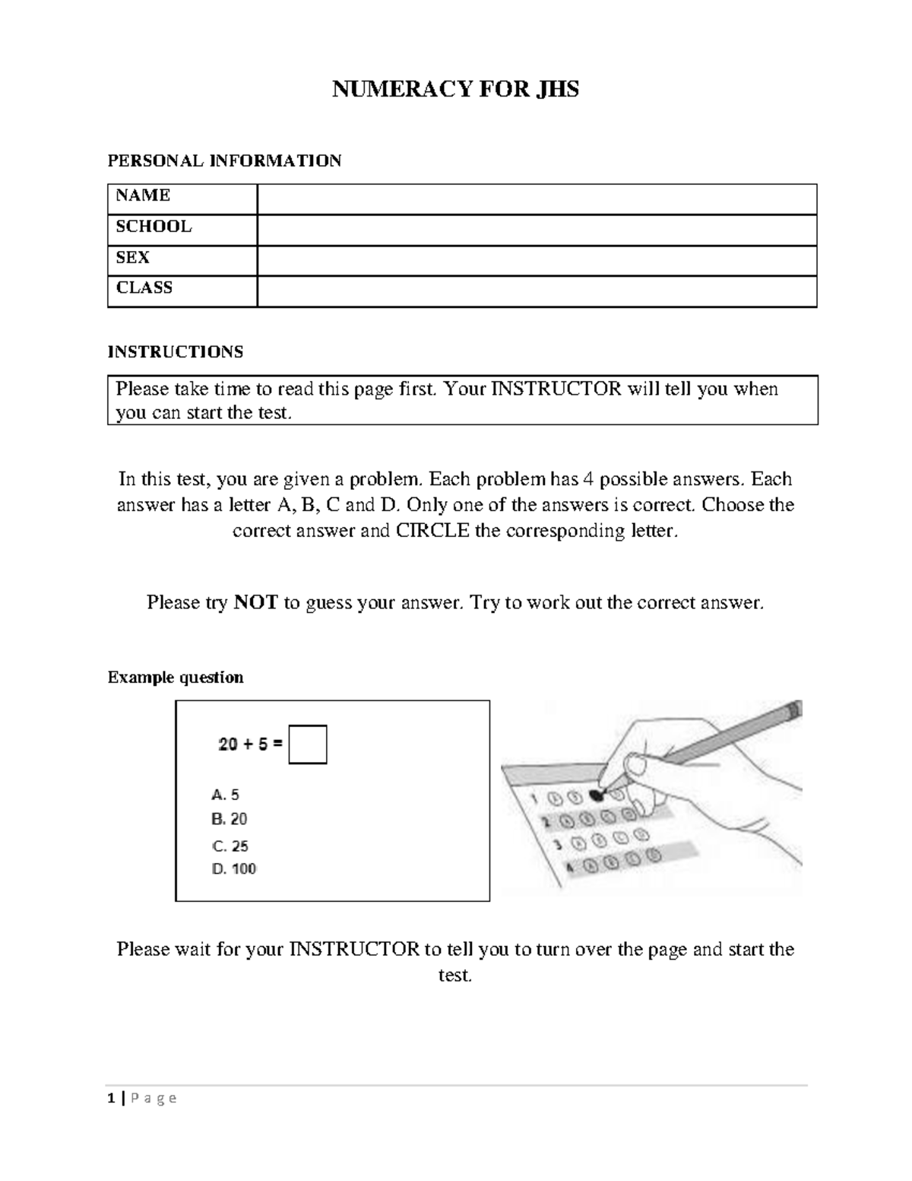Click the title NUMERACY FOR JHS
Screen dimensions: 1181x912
click(x=455, y=90)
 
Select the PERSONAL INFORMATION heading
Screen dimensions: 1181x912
click(x=224, y=160)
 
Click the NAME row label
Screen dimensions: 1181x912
click(x=143, y=195)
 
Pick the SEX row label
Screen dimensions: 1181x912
click(x=132, y=258)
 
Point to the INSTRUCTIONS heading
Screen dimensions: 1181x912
click(x=176, y=351)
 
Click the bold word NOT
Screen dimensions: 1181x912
click(x=255, y=603)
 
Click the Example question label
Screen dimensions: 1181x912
click(x=176, y=678)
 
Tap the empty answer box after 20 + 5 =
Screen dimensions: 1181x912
click(x=308, y=744)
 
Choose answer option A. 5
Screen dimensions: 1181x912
click(x=225, y=795)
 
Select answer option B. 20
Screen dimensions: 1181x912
click(x=229, y=819)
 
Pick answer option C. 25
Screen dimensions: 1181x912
click(x=230, y=846)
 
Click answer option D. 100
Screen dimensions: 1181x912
click(x=233, y=868)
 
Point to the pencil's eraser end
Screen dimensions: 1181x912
click(x=793, y=710)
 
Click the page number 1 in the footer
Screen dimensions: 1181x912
click(x=111, y=1098)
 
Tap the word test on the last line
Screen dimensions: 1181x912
click(x=455, y=975)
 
